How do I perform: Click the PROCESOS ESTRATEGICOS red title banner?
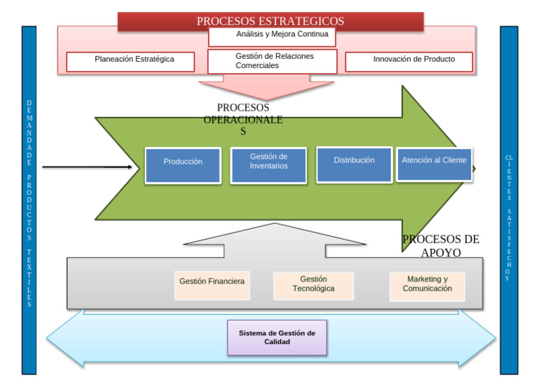click(x=270, y=21)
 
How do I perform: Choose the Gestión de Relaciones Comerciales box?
click(x=272, y=61)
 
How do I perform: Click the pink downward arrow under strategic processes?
click(x=266, y=88)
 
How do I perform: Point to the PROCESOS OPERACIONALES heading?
click(x=243, y=119)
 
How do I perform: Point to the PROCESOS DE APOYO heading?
click(x=441, y=245)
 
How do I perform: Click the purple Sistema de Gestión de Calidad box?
click(x=277, y=337)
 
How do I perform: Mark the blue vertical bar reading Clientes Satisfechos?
click(x=509, y=200)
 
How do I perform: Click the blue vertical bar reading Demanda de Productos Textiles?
click(x=29, y=200)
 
